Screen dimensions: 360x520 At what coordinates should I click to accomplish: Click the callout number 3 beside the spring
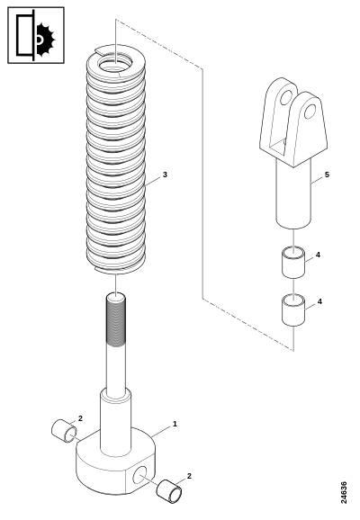tap(165, 175)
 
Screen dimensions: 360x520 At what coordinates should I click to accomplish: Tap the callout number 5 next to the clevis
tap(327, 175)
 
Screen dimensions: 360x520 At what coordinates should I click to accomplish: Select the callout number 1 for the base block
tap(175, 424)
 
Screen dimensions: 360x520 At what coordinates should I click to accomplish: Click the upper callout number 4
tap(318, 255)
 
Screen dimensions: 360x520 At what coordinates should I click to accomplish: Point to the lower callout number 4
tap(319, 301)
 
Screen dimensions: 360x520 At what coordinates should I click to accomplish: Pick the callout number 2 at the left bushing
tap(80, 418)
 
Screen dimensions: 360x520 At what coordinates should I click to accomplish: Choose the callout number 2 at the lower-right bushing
tap(189, 476)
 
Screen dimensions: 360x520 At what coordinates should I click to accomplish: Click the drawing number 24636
tap(344, 492)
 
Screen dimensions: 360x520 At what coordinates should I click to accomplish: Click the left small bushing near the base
tap(64, 430)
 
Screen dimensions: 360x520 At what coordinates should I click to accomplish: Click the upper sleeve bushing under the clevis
tap(293, 262)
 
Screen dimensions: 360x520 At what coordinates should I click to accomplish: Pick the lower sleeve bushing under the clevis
tap(293, 309)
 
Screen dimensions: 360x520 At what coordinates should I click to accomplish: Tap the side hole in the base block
tap(139, 474)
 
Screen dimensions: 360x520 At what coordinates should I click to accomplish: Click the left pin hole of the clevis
tap(285, 97)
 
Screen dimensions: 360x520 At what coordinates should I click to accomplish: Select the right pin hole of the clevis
tap(310, 112)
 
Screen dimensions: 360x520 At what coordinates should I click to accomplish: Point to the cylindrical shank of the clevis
tap(293, 194)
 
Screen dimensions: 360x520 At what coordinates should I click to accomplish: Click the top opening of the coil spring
tap(115, 63)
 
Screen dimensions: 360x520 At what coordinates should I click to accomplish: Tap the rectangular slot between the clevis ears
tap(278, 147)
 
